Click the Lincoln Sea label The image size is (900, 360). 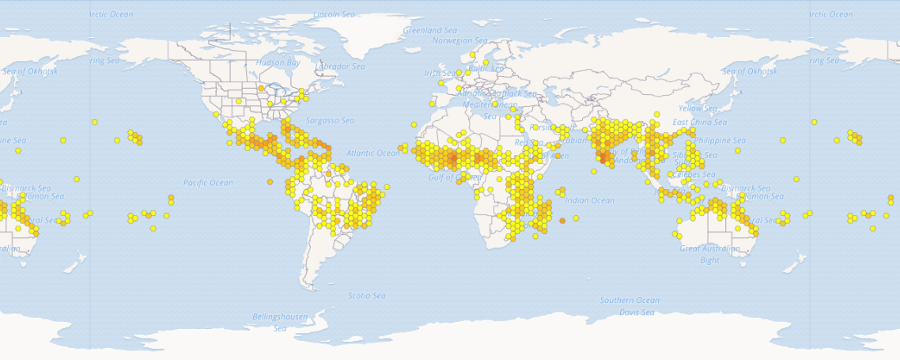pyautogui.click(x=335, y=14)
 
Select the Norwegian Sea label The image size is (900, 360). pyautogui.click(x=459, y=40)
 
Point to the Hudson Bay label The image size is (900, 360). pyautogui.click(x=278, y=63)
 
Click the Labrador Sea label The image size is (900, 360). pyautogui.click(x=341, y=66)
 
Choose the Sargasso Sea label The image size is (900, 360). pyautogui.click(x=331, y=120)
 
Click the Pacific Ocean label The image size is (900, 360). pyautogui.click(x=208, y=183)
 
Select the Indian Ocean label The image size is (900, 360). pyautogui.click(x=591, y=201)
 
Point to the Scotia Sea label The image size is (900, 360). pyautogui.click(x=367, y=296)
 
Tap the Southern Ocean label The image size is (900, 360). pyautogui.click(x=629, y=301)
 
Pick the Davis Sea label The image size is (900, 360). pyautogui.click(x=637, y=313)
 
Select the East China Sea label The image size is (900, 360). pyautogui.click(x=699, y=123)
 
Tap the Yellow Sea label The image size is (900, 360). pyautogui.click(x=697, y=108)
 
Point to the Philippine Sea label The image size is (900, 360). pyautogui.click(x=720, y=140)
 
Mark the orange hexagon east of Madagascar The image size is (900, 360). pyautogui.click(x=562, y=221)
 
